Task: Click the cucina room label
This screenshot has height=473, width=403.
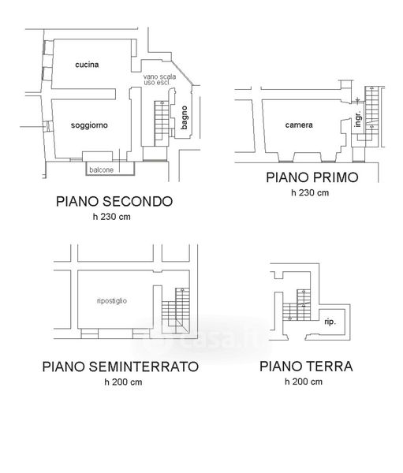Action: tap(87, 65)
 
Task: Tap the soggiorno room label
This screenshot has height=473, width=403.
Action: tap(89, 125)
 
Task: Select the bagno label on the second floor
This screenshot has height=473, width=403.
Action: tap(184, 117)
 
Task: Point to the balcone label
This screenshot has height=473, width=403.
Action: tap(102, 169)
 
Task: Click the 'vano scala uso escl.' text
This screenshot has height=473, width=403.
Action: tap(159, 80)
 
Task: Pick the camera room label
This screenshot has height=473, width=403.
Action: tap(299, 125)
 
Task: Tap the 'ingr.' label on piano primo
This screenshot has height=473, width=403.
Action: tap(358, 118)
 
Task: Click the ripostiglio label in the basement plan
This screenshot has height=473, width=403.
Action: tap(112, 301)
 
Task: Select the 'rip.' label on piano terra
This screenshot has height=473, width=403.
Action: tap(330, 322)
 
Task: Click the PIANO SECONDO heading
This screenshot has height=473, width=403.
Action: tap(114, 202)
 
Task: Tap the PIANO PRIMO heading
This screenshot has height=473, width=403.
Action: tap(312, 177)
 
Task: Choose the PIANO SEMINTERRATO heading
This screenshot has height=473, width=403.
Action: tap(121, 367)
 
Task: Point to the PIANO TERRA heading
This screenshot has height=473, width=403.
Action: tap(306, 367)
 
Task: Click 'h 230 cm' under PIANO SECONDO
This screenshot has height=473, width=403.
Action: tap(112, 217)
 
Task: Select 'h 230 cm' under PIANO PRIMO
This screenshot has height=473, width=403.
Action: tap(310, 192)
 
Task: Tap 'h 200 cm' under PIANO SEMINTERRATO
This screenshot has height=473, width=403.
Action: tap(123, 382)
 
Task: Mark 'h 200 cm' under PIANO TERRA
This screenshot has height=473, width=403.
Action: tap(304, 382)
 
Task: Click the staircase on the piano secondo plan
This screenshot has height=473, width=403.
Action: tap(162, 124)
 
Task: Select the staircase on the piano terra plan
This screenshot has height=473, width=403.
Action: tap(297, 305)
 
